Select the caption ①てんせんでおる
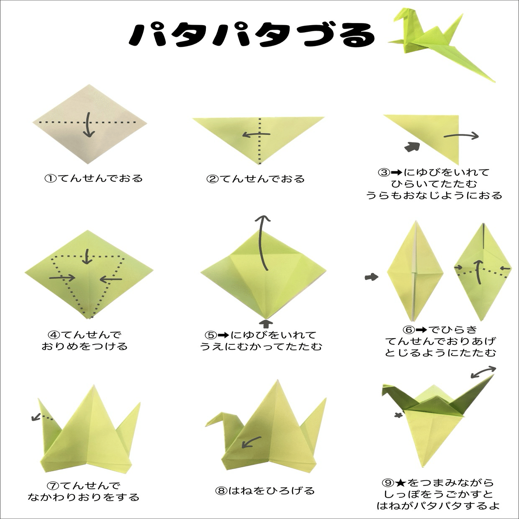[x=94, y=178]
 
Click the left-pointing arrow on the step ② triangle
[x=257, y=135]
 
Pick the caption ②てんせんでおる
[x=256, y=179]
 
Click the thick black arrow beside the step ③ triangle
[x=412, y=147]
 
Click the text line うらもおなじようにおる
[x=434, y=195]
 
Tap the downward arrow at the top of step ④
[x=87, y=256]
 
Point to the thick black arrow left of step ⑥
[x=371, y=277]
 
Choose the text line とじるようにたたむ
[x=440, y=353]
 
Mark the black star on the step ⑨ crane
[x=398, y=416]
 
